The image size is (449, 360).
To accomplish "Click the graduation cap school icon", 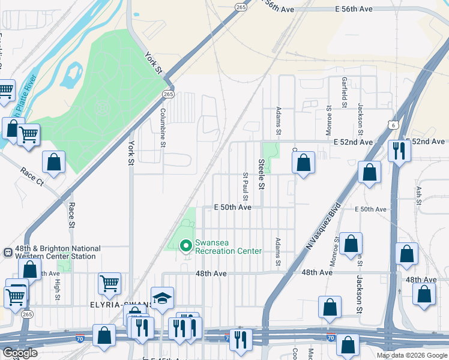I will tap(162, 299).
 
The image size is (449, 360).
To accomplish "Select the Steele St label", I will tap(262, 174).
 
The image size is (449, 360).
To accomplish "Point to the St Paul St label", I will tap(246, 187).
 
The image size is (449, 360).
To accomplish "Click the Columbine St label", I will tap(162, 127).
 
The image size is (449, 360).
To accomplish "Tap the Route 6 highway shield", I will tap(392, 125).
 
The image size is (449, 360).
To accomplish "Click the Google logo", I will tap(20, 353).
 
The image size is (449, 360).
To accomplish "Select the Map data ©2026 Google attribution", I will tap(411, 355).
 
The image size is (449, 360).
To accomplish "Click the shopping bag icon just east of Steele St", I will tap(304, 163).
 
